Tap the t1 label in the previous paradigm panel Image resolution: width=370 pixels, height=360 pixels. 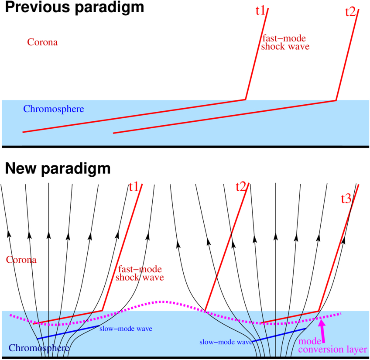click(260, 11)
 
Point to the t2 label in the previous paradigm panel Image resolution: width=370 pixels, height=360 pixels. click(350, 11)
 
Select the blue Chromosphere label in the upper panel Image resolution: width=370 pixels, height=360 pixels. click(53, 109)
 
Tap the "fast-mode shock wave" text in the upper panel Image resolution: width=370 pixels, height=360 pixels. click(285, 41)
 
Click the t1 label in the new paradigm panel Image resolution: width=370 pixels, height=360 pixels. click(134, 187)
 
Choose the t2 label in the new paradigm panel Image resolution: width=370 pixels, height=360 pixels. click(240, 187)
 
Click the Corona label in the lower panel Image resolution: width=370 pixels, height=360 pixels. click(21, 260)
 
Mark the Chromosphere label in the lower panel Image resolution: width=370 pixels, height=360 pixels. click(38, 348)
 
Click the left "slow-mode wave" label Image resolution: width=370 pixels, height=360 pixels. click(126, 329)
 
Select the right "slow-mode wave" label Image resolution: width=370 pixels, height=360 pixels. click(226, 343)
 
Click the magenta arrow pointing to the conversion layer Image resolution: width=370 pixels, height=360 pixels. click(322, 329)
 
